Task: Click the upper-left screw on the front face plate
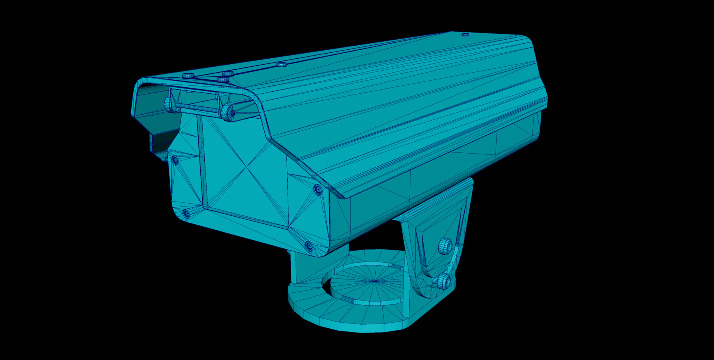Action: [175, 160]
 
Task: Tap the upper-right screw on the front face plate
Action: [318, 189]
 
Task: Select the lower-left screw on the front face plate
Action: [186, 214]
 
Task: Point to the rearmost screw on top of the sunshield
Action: [465, 35]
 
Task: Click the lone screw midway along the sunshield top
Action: [282, 64]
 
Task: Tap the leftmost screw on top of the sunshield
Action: [188, 75]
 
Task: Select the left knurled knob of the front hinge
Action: [168, 104]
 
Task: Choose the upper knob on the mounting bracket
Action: [446, 246]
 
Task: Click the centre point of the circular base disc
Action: [374, 281]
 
